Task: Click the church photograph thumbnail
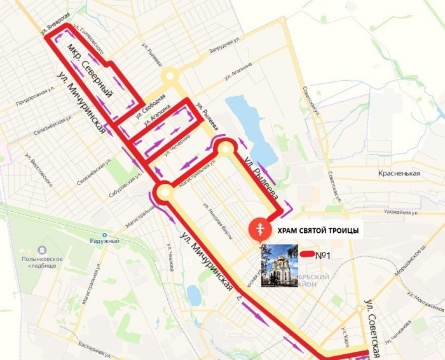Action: tap(280, 265)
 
